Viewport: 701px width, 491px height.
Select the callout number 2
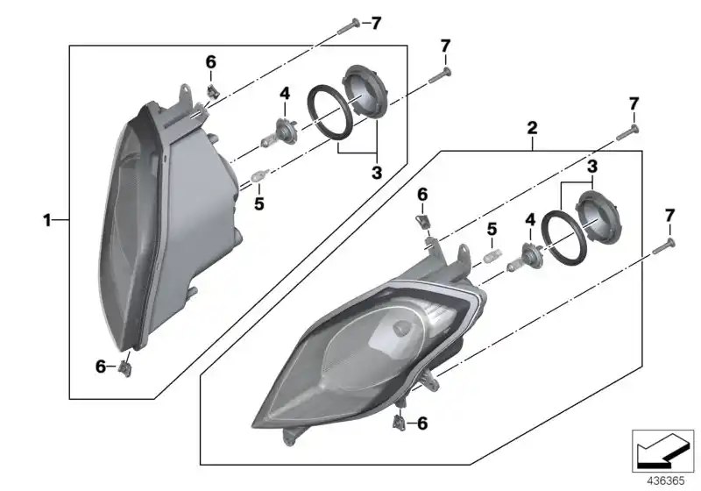[531, 128]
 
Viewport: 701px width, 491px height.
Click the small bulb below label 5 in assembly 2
[492, 258]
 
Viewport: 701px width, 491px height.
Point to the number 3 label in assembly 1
[376, 173]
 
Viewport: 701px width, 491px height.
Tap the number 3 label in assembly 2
[592, 166]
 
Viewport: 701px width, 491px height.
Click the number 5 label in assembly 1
[258, 204]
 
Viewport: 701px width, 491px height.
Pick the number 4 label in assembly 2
[529, 218]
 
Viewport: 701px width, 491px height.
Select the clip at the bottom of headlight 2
[400, 422]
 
